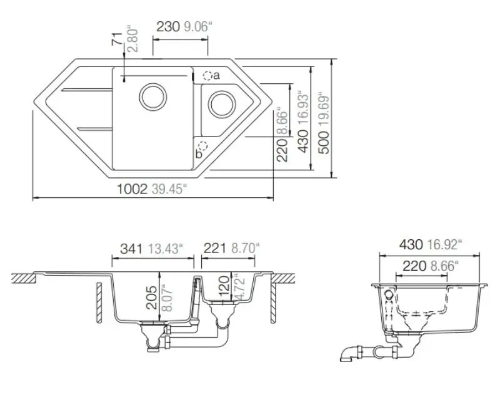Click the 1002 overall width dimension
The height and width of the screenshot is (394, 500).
coord(131,189)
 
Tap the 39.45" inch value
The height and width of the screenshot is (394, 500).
coord(168,189)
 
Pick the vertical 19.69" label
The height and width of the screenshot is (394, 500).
coord(322,111)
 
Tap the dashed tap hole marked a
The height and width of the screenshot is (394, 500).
coord(207,76)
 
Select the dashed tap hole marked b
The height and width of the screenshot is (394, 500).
coord(202,146)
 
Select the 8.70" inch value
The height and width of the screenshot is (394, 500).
coord(245,249)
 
